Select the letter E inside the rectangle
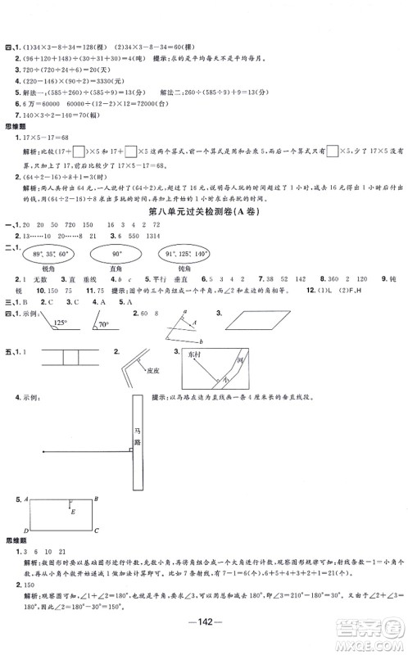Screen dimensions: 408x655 pos(73,512)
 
